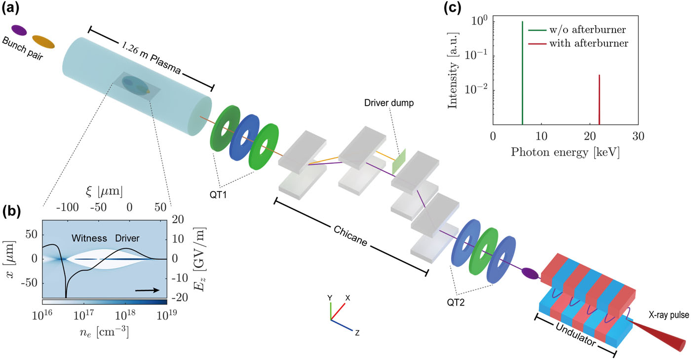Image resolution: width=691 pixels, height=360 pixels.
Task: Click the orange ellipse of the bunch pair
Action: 43,42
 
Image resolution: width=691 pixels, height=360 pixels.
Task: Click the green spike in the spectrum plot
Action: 522,74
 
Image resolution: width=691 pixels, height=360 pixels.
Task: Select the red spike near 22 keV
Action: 599,99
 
